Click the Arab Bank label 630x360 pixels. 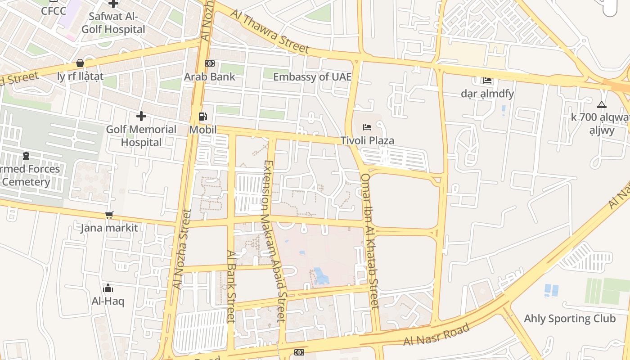pos(209,76)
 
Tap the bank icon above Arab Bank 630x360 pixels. pos(210,63)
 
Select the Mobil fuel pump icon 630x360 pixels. pos(203,117)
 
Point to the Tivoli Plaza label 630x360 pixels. pos(367,140)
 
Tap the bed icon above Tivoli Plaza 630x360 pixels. pos(367,127)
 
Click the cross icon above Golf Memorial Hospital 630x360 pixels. pos(141,116)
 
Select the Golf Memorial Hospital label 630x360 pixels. pos(141,136)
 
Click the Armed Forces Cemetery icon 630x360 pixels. pos(26,156)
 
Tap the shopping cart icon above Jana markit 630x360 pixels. pos(109,215)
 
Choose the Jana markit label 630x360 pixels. pos(109,228)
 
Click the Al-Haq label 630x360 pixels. pos(108,301)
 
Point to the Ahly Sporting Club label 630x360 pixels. pos(570,319)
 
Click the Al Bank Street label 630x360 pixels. pos(231,286)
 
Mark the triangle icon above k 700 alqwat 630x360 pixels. pos(601,105)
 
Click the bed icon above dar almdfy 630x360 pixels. pos(487,81)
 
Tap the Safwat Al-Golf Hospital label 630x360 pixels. pos(114,23)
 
